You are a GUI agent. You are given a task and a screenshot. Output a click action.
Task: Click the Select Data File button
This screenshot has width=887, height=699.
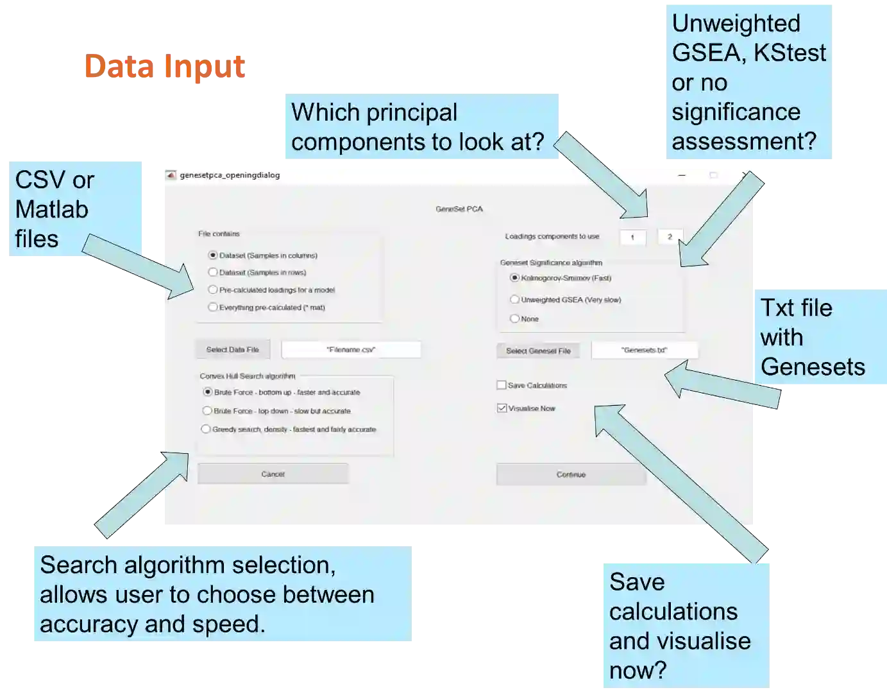(232, 350)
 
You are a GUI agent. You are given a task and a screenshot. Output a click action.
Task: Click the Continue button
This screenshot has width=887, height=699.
(571, 475)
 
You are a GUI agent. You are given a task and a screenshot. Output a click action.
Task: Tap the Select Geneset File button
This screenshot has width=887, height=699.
(538, 351)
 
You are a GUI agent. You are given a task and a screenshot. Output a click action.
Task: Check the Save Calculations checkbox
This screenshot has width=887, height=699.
(502, 385)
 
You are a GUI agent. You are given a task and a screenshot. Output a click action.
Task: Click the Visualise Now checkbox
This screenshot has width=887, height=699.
(502, 408)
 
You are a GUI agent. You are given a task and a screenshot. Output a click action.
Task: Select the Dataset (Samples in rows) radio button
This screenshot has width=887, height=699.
(213, 272)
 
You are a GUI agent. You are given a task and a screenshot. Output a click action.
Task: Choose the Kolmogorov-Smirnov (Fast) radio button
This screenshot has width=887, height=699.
(514, 278)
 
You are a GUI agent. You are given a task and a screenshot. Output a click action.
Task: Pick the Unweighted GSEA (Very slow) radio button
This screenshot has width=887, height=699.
(514, 300)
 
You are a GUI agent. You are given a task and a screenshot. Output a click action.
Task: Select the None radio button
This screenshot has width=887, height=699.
(514, 318)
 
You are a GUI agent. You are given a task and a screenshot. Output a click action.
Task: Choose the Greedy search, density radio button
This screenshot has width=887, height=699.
(206, 429)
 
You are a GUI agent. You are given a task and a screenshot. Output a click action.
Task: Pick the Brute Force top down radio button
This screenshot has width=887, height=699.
(207, 411)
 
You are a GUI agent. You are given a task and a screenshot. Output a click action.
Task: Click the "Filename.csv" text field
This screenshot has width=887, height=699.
(351, 350)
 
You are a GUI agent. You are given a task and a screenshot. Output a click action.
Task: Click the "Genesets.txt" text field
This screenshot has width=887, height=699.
(644, 350)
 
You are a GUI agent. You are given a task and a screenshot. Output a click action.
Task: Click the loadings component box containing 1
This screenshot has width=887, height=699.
(632, 237)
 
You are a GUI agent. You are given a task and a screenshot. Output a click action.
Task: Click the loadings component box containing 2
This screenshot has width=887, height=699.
(670, 237)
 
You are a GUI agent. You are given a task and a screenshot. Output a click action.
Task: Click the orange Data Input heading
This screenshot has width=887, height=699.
(165, 67)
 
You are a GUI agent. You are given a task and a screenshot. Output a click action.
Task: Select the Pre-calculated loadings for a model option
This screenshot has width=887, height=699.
(213, 290)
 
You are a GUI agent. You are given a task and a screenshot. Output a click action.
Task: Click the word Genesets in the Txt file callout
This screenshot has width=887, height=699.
(813, 367)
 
